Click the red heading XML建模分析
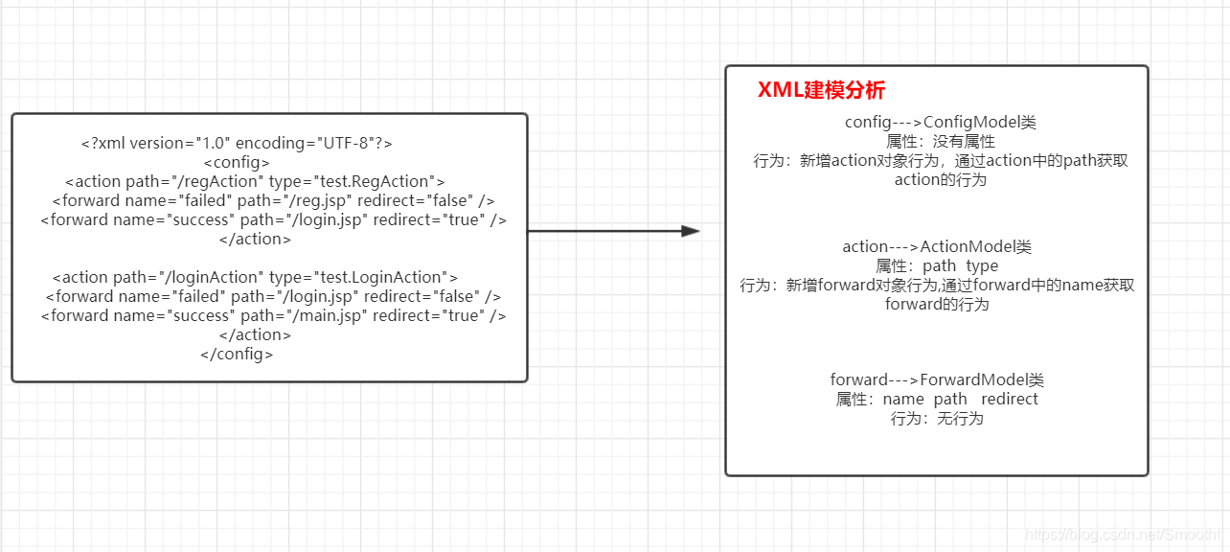(821, 91)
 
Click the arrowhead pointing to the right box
(691, 231)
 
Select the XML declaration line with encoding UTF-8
(237, 143)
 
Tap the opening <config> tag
(237, 162)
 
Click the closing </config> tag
(237, 354)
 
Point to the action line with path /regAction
(255, 181)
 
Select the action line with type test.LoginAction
(255, 277)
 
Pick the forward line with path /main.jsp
(273, 315)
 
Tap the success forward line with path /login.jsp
(273, 219)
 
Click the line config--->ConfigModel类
(940, 123)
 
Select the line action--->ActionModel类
(937, 247)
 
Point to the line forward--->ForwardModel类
(937, 380)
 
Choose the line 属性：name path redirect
(937, 400)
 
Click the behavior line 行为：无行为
(937, 419)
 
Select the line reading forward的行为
(937, 305)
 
